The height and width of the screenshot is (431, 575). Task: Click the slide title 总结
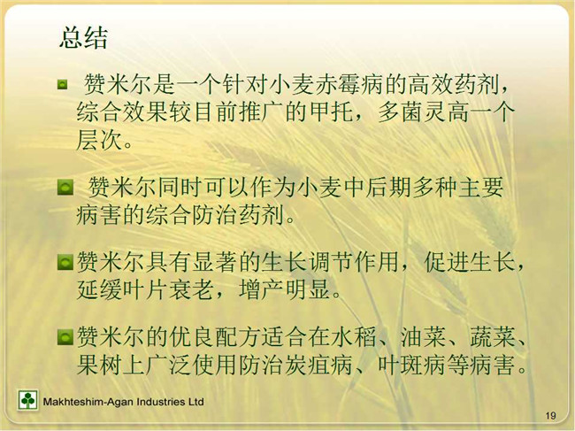tap(84, 38)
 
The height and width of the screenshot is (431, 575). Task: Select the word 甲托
tap(332, 112)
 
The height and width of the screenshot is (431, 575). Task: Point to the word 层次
tap(99, 140)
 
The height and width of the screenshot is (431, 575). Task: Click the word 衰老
tap(191, 289)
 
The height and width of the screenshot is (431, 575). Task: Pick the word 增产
tap(262, 289)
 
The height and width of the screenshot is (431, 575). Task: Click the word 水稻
tap(354, 337)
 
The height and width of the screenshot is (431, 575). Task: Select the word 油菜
tap(423, 337)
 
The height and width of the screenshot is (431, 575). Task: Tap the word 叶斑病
tap(412, 365)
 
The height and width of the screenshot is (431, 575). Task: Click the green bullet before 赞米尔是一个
tap(62, 85)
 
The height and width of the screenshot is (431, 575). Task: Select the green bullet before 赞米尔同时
tap(65, 188)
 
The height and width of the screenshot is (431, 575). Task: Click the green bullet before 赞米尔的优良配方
tap(65, 337)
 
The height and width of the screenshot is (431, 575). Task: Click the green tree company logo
tap(27, 400)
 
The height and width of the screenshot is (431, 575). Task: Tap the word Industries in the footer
tap(161, 402)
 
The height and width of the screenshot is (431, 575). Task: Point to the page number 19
tap(550, 416)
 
